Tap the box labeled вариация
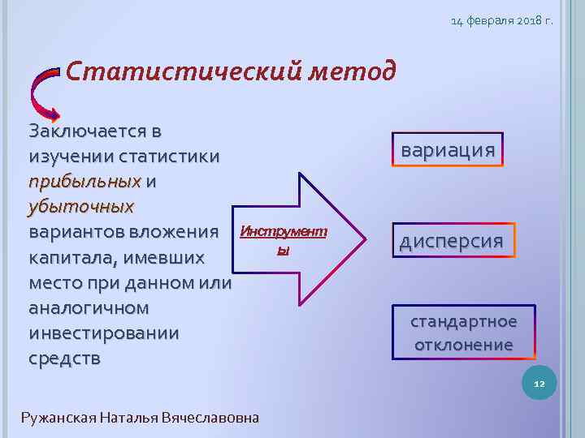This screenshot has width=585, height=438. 448,150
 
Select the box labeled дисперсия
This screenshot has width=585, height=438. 451,241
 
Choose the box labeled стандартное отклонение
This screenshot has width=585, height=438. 463,333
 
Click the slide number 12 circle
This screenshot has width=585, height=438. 539,383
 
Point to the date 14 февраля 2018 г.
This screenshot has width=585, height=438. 501,19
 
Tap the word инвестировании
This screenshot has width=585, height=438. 103,333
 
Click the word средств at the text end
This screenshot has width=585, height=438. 65,359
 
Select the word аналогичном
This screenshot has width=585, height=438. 89,308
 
